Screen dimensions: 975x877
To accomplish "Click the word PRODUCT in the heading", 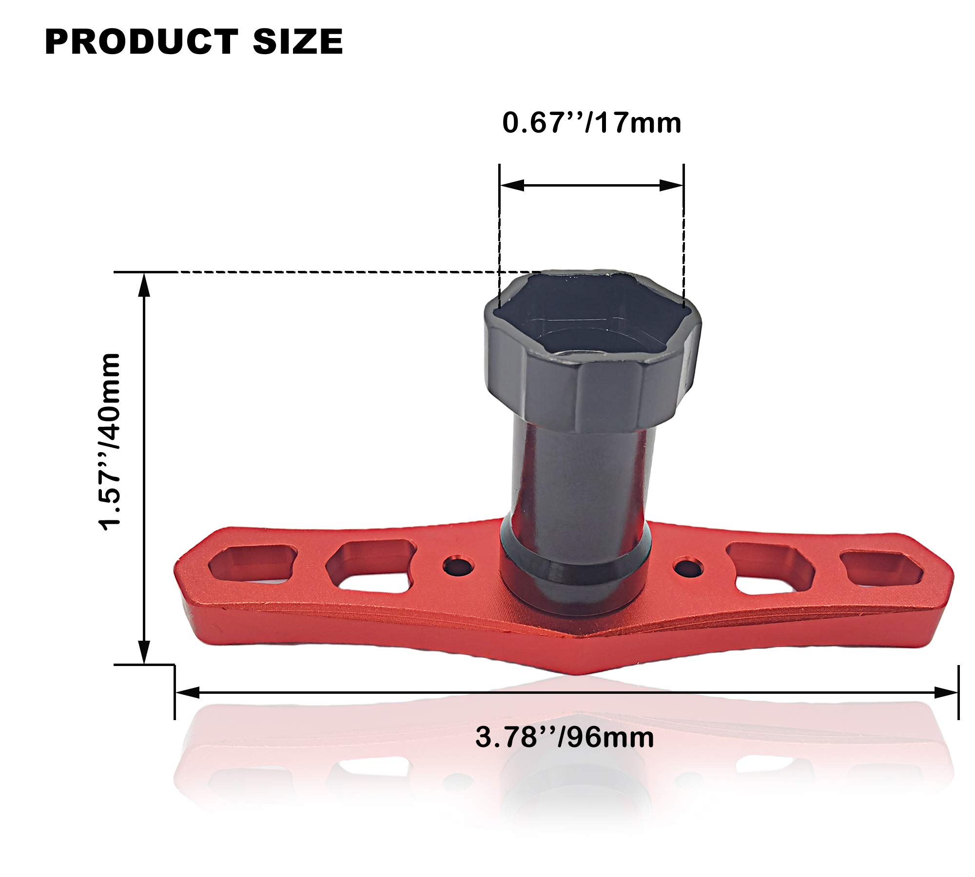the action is (141, 41).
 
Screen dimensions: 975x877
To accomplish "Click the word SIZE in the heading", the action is (298, 41).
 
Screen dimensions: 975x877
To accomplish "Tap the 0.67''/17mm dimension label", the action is (592, 122).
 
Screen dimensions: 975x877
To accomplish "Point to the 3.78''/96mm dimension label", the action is (565, 737).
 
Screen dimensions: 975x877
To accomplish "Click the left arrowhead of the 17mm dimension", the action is (512, 185).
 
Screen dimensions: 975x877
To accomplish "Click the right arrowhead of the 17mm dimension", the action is (671, 185).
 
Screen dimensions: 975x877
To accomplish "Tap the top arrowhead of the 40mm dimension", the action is (144, 285).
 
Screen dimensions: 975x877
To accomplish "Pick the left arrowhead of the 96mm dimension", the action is (187, 692).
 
